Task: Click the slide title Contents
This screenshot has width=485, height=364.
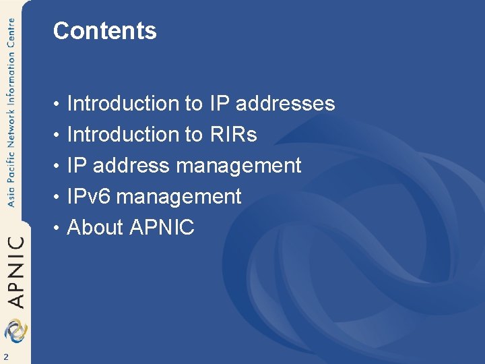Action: click(x=104, y=31)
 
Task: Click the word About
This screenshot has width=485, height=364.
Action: click(x=95, y=228)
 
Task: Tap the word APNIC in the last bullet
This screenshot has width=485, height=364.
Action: click(x=162, y=228)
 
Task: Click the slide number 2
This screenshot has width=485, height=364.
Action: click(x=6, y=357)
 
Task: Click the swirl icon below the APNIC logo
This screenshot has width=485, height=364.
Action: click(x=15, y=330)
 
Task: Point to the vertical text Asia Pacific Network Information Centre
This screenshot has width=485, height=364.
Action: click(x=11, y=115)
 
